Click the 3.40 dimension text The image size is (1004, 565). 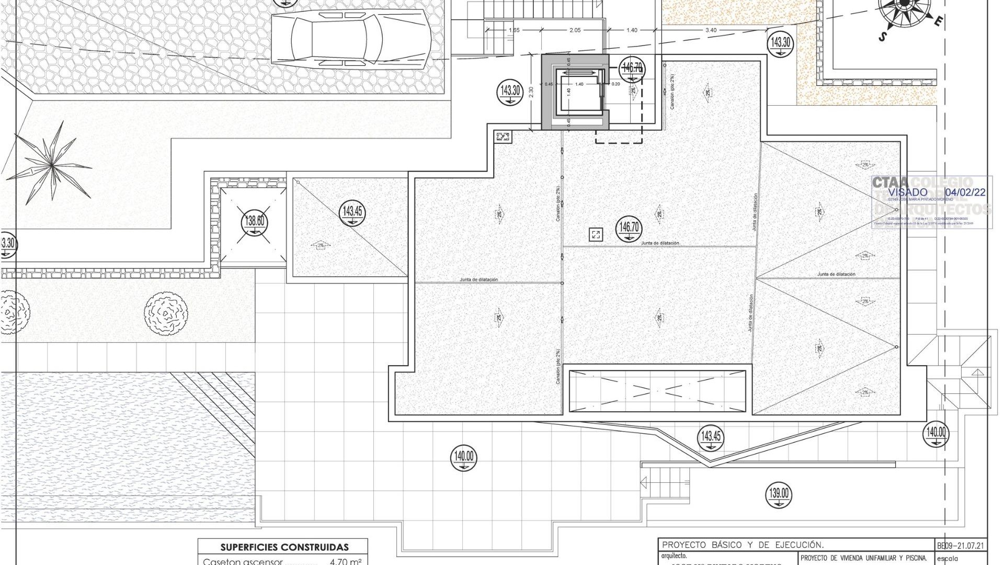711,30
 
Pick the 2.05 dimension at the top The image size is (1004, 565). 575,30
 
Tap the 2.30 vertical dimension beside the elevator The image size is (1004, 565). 531,92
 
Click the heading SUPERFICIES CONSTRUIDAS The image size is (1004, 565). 284,547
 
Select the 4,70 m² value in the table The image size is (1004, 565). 346,562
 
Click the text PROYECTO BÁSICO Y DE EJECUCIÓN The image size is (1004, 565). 743,545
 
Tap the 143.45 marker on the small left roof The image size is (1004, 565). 352,212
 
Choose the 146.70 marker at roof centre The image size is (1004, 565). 629,228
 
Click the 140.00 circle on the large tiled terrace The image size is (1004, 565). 463,457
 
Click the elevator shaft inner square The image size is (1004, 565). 578,92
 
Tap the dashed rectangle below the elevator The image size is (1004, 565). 619,136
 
